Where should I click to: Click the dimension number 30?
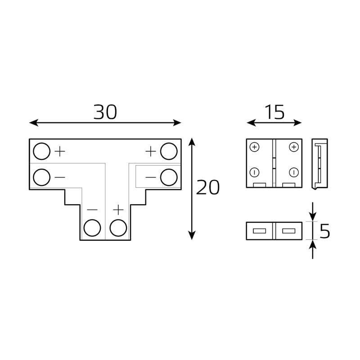click(105, 112)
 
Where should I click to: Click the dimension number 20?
click(208, 187)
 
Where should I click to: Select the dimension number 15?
click(274, 112)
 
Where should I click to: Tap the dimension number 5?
click(325, 231)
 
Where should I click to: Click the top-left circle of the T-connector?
click(41, 151)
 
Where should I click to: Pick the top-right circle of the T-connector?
click(169, 151)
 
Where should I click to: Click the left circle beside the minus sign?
click(41, 177)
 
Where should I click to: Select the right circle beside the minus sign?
click(169, 177)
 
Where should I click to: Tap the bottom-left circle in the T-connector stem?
click(92, 228)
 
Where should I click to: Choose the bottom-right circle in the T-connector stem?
click(118, 228)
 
